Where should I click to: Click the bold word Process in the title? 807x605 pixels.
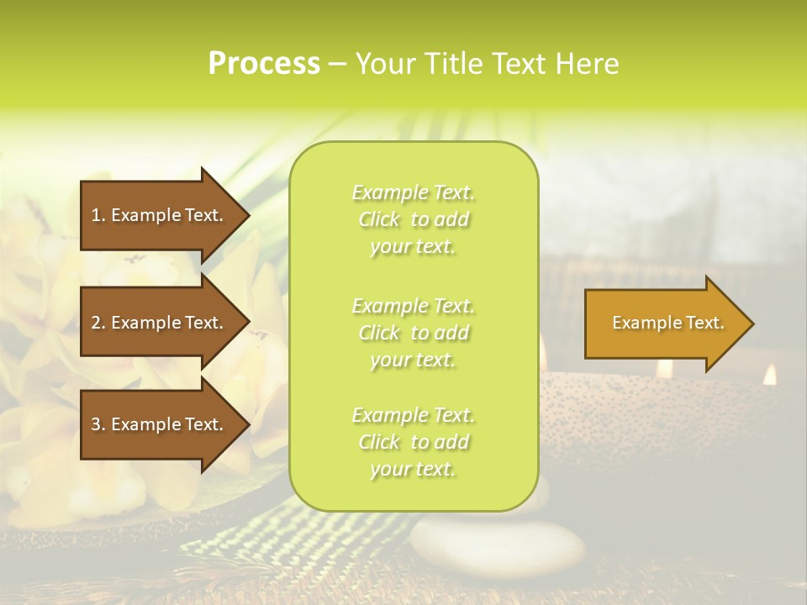(x=264, y=64)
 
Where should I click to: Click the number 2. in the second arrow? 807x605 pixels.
(x=98, y=323)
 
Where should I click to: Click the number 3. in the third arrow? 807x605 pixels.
(x=98, y=424)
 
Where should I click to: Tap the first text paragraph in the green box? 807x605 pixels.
(x=414, y=219)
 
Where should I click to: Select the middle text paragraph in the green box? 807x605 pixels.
(x=414, y=333)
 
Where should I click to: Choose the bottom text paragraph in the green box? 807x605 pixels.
(x=414, y=442)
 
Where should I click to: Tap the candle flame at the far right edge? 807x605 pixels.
(x=769, y=375)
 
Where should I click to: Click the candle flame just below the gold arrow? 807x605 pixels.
(x=664, y=368)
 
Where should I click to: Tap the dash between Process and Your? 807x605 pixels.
(x=337, y=65)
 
